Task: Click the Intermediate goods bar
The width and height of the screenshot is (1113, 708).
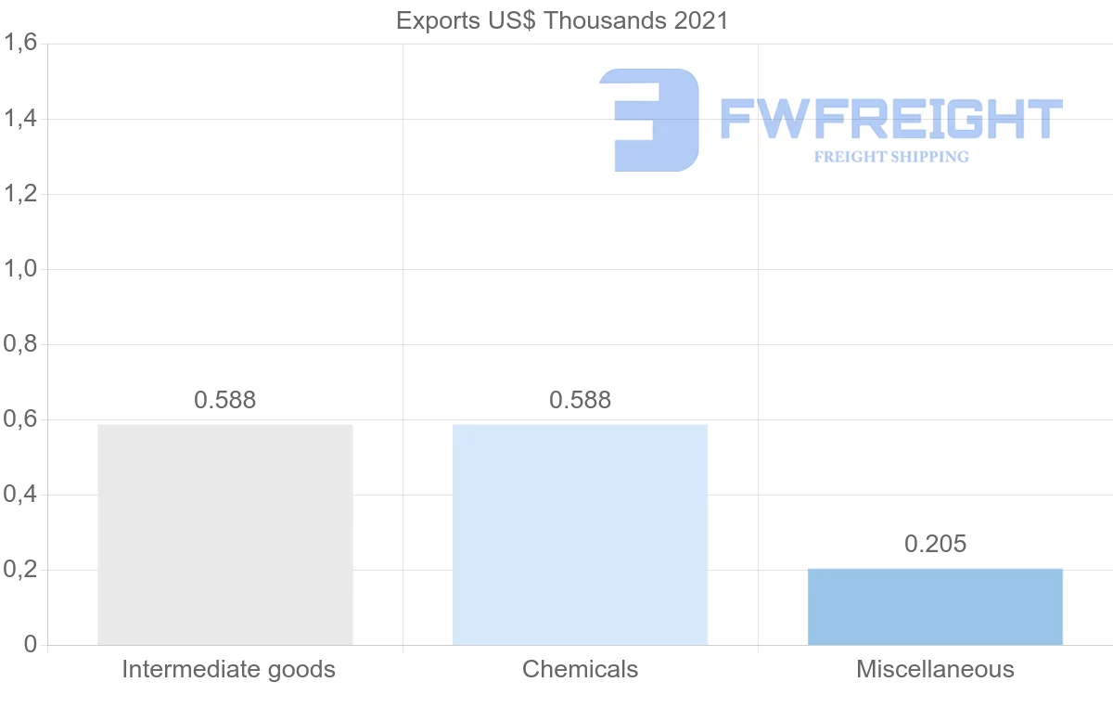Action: point(225,534)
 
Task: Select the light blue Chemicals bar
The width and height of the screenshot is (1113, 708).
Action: point(580,534)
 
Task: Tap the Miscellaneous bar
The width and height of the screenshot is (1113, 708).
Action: point(935,607)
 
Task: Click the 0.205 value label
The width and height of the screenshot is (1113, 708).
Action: point(935,544)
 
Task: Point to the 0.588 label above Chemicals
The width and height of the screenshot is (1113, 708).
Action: point(580,400)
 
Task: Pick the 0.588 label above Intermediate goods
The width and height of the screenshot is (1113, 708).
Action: point(224,400)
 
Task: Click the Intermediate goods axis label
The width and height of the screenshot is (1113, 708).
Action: point(228,669)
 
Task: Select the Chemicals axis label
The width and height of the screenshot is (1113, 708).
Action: point(580,669)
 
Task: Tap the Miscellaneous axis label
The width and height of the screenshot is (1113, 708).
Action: point(935,669)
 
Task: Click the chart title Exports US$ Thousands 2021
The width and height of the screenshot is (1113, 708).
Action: point(562,20)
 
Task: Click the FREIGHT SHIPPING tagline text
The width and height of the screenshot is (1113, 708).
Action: point(890,157)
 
